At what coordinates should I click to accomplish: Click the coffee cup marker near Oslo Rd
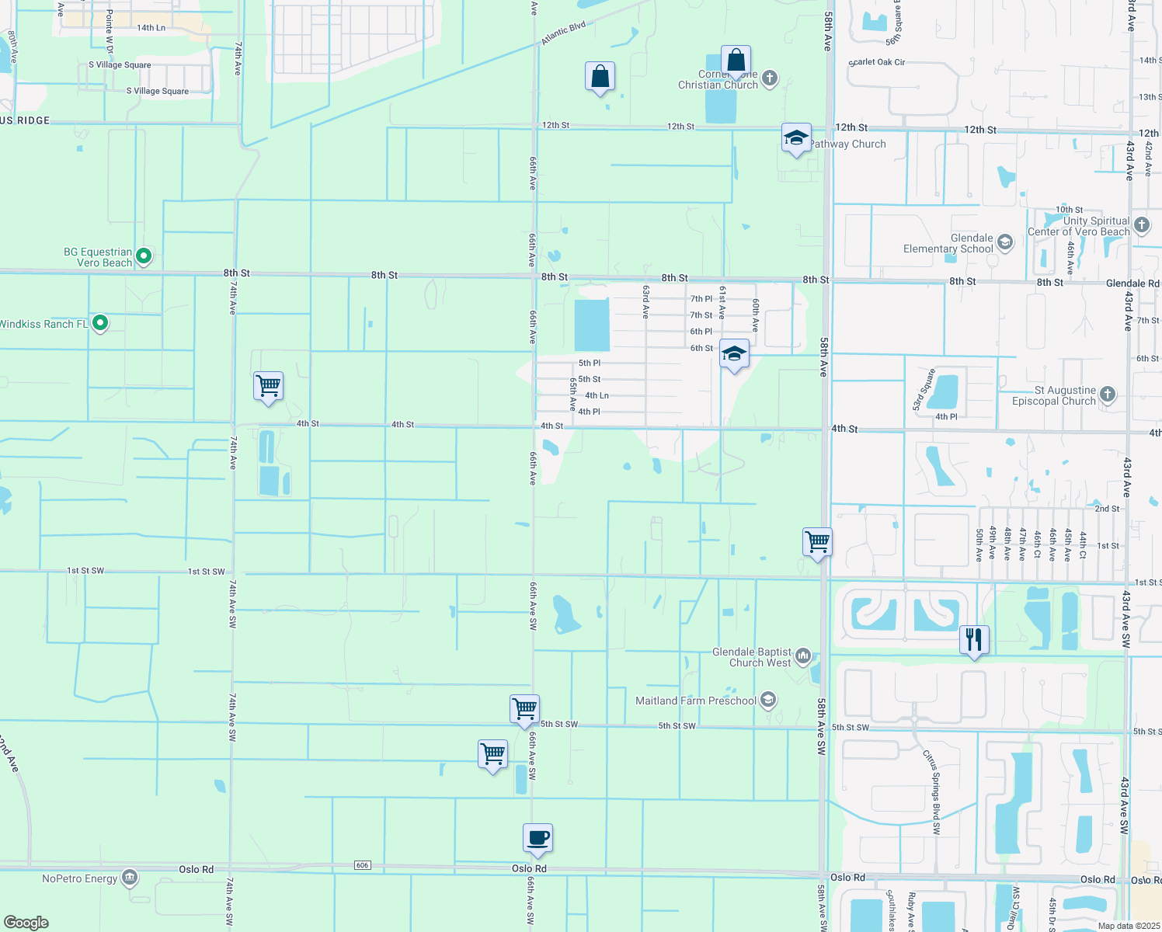tap(538, 839)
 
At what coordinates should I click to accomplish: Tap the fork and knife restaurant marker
tap(974, 641)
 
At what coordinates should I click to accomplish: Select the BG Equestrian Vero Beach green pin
tap(144, 255)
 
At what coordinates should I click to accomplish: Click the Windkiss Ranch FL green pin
tap(99, 322)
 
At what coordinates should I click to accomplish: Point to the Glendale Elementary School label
tap(948, 244)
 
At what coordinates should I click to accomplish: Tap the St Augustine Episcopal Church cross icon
tap(1108, 395)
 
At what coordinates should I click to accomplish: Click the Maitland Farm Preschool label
tap(695, 701)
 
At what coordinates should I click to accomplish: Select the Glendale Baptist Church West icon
tap(803, 657)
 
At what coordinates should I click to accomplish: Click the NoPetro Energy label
tap(80, 878)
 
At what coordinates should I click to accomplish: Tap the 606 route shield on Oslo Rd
tap(362, 865)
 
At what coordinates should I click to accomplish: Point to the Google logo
tap(26, 922)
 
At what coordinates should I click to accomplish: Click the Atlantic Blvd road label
tap(563, 33)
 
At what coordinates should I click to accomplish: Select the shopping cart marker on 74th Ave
tap(268, 386)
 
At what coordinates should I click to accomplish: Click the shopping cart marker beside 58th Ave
tap(817, 542)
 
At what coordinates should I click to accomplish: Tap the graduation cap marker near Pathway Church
tap(796, 138)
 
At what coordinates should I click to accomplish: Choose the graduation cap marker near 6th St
tap(734, 354)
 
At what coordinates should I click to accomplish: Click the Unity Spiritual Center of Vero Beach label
tap(1079, 226)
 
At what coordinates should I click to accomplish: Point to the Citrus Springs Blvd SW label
tap(932, 792)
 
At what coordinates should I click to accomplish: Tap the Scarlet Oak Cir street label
tap(877, 62)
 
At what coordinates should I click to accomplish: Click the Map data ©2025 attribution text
tap(1129, 926)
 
